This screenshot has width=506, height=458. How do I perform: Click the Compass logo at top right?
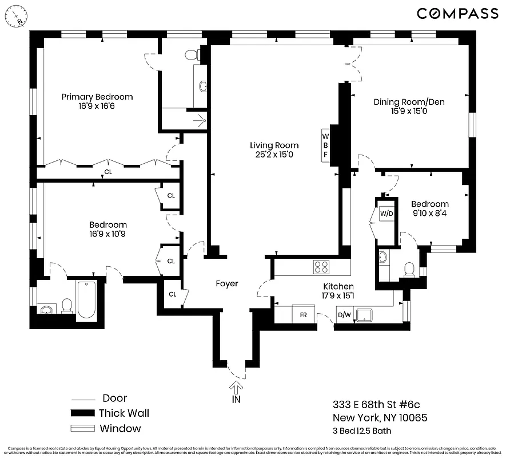[x=457, y=13]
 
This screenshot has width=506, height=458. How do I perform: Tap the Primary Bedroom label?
[x=97, y=97]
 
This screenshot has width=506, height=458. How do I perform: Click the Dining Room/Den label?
[x=409, y=102]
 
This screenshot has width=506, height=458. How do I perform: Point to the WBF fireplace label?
[x=326, y=145]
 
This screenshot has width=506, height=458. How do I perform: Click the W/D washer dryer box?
[x=387, y=214]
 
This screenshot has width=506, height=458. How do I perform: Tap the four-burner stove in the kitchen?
[x=321, y=266]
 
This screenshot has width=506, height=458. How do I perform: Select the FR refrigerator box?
[x=304, y=314]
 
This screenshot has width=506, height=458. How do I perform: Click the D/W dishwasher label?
[x=344, y=314]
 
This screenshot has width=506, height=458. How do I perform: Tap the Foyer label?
[x=226, y=283]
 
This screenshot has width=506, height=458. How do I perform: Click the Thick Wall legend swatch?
[x=82, y=413]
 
